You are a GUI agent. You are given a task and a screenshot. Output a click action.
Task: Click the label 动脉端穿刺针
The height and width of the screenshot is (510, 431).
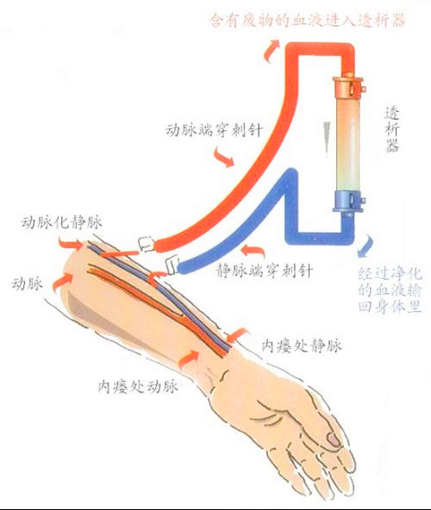coord(214,130)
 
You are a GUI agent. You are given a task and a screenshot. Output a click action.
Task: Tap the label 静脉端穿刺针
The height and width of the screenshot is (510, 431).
coord(265,271)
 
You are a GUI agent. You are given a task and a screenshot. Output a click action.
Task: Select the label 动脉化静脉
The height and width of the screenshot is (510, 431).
coord(61,222)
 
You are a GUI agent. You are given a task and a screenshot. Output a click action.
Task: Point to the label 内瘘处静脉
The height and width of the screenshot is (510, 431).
coord(302,345)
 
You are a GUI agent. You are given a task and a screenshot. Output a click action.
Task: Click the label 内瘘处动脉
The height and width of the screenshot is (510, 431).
coord(138,387)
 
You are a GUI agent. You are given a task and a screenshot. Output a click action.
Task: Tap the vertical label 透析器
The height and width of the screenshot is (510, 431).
coord(392,129)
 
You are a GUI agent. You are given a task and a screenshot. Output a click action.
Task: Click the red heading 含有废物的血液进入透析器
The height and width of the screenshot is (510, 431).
coord(307,20)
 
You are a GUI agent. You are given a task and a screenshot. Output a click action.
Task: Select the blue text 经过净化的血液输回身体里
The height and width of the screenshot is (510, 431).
coord(390,289)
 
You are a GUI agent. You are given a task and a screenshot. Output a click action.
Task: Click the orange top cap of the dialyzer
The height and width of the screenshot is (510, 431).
coord(348,86)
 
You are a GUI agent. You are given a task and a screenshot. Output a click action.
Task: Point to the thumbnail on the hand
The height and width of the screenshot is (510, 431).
coord(334,439)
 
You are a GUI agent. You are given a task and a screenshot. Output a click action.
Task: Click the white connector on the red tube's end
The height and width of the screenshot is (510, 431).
coord(147,244)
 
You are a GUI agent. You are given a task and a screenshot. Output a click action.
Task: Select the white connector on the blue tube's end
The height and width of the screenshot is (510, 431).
coord(172,264)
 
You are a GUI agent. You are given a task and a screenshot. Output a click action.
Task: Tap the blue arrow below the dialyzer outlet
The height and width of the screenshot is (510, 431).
coord(365,246)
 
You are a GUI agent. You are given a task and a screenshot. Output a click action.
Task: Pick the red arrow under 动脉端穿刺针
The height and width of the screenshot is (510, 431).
coord(224,157)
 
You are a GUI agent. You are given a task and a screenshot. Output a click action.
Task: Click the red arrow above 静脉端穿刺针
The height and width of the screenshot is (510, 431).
coord(253,251)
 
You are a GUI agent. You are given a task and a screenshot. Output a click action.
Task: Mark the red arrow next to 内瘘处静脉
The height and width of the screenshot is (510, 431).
coord(237,335)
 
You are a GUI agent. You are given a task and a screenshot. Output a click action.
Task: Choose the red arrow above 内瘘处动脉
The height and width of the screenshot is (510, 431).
coord(188,358)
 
